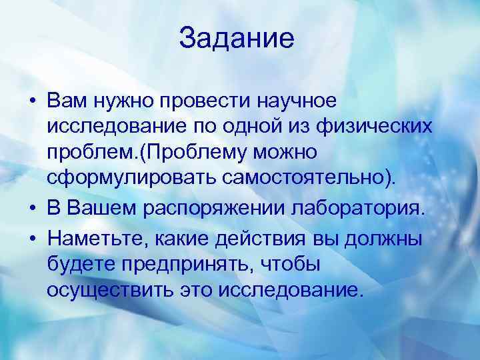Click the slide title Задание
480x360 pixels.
click(x=237, y=38)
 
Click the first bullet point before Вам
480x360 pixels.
click(x=32, y=101)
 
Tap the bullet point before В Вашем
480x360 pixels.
click(x=32, y=209)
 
